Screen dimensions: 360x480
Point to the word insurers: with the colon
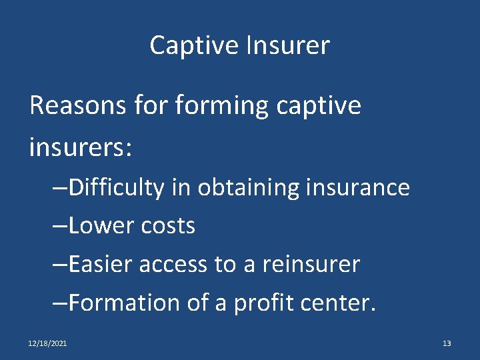click(81, 147)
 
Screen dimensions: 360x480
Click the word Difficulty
click(116, 188)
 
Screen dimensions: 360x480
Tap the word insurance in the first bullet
click(357, 188)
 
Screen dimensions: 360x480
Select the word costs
click(168, 226)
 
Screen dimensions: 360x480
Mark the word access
click(174, 265)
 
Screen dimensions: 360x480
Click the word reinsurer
click(311, 265)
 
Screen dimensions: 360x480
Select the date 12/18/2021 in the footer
click(47, 343)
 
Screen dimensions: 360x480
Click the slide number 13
click(447, 343)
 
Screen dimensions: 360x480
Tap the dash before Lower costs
click(59, 227)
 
